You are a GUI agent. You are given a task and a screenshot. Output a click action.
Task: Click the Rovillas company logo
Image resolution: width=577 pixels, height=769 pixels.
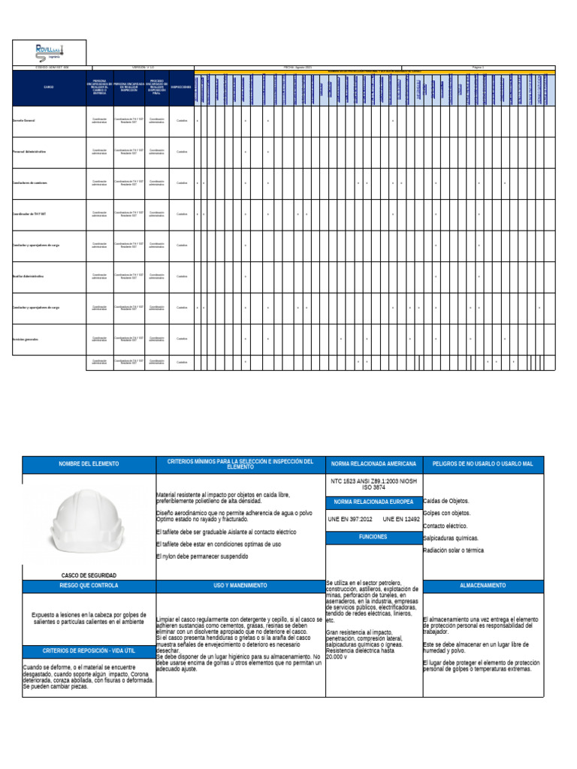coord(50,51)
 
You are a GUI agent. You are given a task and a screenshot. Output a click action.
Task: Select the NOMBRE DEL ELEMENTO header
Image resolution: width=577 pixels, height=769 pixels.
coord(89,464)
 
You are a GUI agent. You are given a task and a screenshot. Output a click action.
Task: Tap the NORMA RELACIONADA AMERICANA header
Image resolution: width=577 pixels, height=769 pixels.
coord(373,464)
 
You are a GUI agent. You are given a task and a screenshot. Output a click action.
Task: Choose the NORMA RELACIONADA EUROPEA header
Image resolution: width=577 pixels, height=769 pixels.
coord(373,501)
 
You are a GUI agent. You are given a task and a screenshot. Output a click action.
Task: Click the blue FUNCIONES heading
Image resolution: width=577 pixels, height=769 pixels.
coord(373,537)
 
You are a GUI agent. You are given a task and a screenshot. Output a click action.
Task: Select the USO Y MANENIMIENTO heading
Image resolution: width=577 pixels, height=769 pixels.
coord(240,585)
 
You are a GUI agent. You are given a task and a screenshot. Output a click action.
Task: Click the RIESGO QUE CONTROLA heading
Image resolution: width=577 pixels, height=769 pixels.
coord(89,585)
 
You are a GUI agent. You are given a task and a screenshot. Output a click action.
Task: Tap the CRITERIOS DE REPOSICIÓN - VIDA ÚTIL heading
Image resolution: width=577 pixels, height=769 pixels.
coord(89,650)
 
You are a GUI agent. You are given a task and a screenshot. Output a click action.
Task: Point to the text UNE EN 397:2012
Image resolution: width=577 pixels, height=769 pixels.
coord(349,519)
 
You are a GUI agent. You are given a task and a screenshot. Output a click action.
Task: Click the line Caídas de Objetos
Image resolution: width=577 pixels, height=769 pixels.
coord(446,501)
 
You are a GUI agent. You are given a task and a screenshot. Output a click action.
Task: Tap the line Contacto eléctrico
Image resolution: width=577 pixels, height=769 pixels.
coord(446,526)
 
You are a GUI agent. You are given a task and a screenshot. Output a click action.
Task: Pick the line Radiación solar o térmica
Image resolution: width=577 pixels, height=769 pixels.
coord(453,550)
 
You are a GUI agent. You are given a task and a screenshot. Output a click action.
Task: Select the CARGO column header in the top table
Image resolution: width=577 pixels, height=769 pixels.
coord(49,86)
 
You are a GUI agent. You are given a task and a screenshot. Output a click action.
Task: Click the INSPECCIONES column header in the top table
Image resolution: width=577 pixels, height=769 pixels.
coord(181,86)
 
